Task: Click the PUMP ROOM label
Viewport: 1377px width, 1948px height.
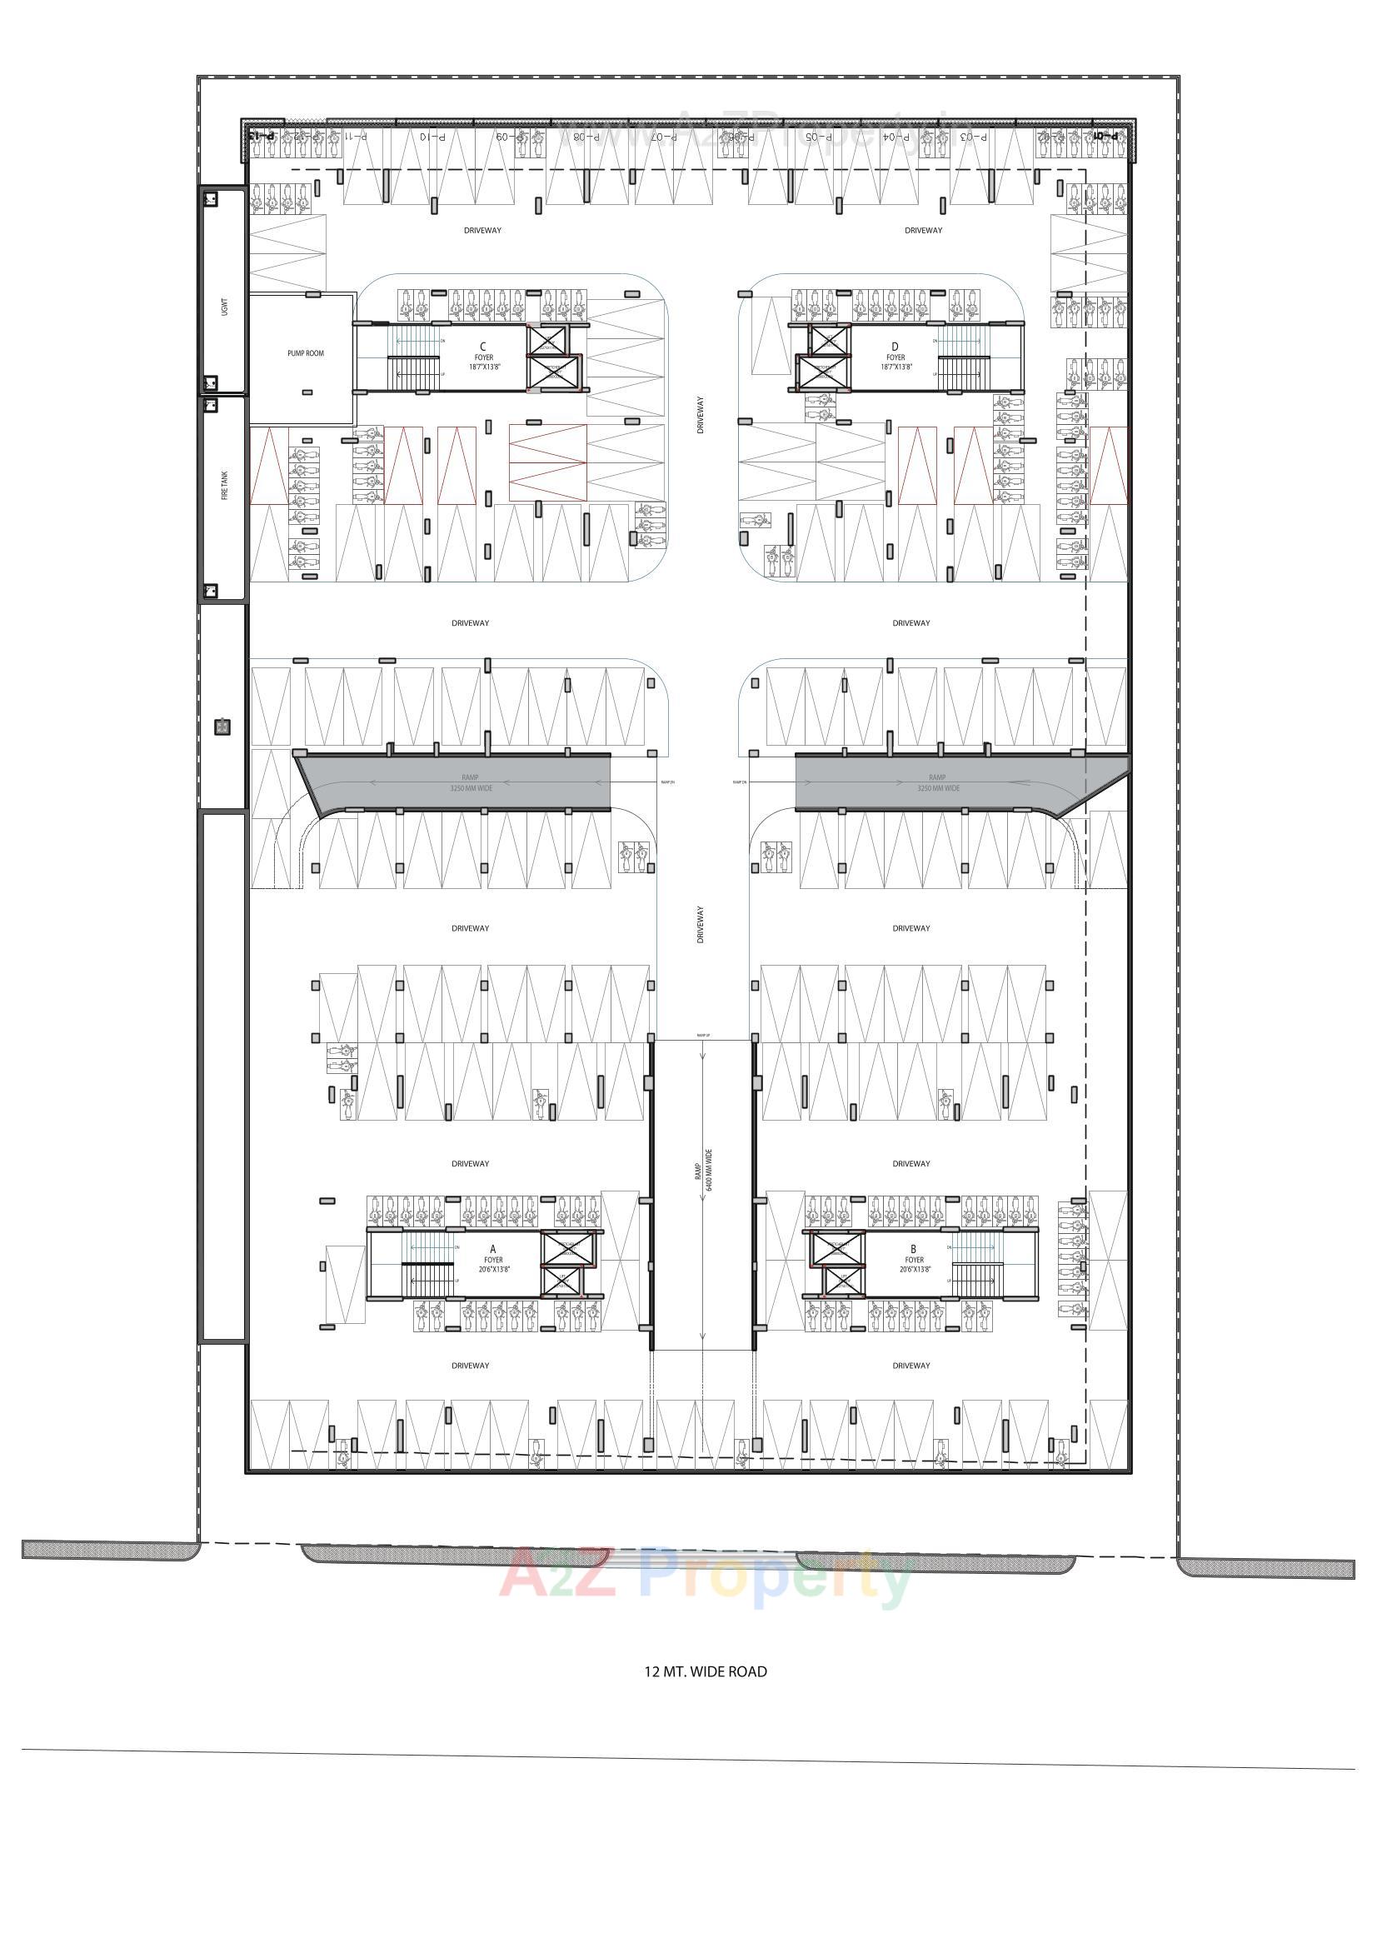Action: click(306, 353)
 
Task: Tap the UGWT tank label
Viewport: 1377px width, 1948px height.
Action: click(225, 306)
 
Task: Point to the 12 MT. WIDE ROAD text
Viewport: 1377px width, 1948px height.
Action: click(706, 1671)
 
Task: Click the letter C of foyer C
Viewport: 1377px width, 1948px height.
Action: click(484, 346)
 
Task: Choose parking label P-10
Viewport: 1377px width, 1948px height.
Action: click(430, 137)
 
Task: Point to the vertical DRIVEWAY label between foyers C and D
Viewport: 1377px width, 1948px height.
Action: click(701, 416)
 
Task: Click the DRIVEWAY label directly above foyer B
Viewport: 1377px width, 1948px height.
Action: click(911, 1163)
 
